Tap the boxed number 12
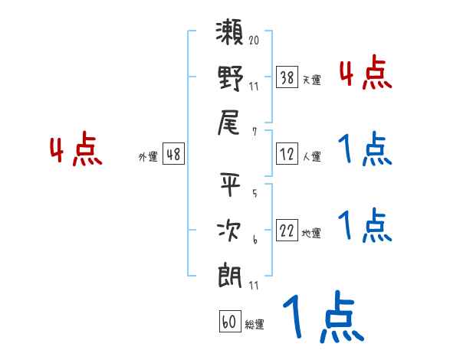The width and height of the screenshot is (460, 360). coord(287,155)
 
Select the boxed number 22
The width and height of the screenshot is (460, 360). coord(287,231)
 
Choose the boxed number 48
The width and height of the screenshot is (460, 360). coord(173,154)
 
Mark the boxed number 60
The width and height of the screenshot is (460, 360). coord(229,322)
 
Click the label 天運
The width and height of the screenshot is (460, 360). coord(311,80)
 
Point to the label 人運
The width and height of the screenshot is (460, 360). coord(311,157)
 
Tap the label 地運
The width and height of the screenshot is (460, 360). coord(311,234)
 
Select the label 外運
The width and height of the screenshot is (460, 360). coord(148,157)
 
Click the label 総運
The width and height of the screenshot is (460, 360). coord(255,325)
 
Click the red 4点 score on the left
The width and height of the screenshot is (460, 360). coord(77,150)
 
